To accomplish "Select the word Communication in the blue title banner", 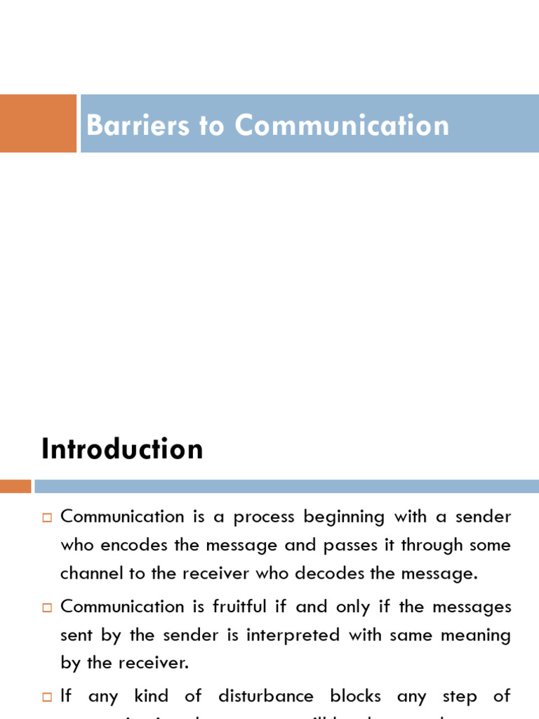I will [x=342, y=126].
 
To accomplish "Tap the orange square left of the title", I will [x=38, y=124].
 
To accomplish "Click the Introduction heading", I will [x=122, y=449].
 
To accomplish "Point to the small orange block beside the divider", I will [x=15, y=486].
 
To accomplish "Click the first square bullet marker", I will [x=48, y=518].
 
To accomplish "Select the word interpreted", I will [x=284, y=635].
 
